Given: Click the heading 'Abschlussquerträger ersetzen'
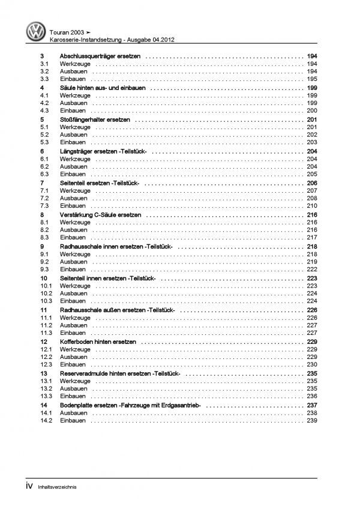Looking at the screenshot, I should pyautogui.click(x=100, y=56).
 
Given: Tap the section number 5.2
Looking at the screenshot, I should pyautogui.click(x=46, y=135).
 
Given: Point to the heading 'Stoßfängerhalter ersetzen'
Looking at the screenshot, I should pyautogui.click(x=95, y=119).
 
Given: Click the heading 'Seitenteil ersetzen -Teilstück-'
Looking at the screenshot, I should pyautogui.click(x=101, y=182).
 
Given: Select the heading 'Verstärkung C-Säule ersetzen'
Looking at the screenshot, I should pyautogui.click(x=100, y=214).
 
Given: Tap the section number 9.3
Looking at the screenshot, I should pyautogui.click(x=46, y=269).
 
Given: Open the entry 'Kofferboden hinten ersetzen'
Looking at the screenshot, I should pyautogui.click(x=98, y=341).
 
